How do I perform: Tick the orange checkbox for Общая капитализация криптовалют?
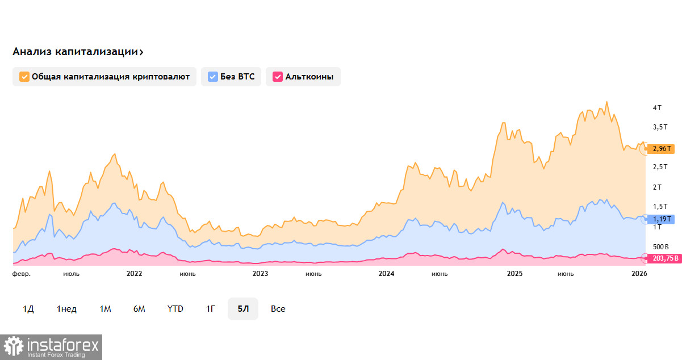tap(24, 77)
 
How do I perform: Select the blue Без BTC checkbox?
tap(213, 77)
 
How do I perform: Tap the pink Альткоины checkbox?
tap(278, 77)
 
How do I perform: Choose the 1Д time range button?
tap(28, 309)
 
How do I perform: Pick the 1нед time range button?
tap(66, 309)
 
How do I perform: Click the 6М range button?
tap(139, 309)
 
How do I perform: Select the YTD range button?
tap(175, 309)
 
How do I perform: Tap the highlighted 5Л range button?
tap(243, 309)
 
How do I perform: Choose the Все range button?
tap(278, 309)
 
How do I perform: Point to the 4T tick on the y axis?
tap(657, 107)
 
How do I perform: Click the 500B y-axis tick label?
tap(661, 247)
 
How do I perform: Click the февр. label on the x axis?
tap(22, 274)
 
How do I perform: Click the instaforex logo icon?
tap(14, 346)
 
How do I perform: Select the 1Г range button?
tap(211, 309)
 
